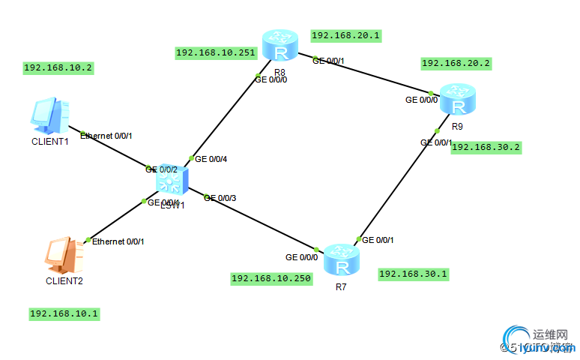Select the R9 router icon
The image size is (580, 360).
tap(456, 98)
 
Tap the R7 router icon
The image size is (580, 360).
tap(342, 260)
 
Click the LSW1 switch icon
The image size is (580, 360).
tap(172, 181)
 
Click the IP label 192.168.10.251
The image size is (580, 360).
tap(216, 53)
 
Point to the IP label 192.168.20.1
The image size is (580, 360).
tap(346, 35)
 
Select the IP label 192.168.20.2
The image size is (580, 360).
tap(456, 64)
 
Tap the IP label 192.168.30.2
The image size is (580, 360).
tap(486, 147)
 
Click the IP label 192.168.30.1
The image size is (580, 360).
tap(414, 274)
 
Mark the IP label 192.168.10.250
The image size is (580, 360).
tap(271, 279)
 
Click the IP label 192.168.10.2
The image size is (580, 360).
tap(58, 67)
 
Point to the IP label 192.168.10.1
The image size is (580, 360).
tap(64, 313)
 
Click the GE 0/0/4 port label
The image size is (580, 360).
tap(211, 159)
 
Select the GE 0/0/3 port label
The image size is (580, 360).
tap(220, 198)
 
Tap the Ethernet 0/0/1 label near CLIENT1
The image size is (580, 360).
tap(106, 136)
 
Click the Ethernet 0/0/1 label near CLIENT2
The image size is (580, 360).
tap(118, 241)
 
